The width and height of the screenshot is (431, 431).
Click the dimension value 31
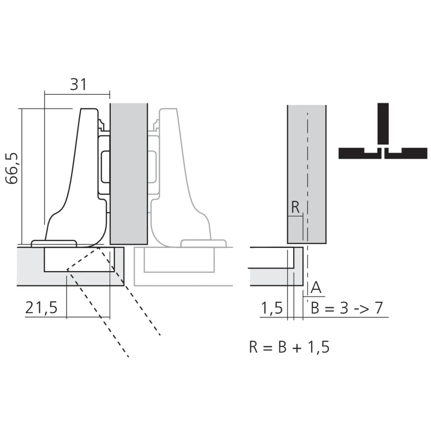tap(78, 84)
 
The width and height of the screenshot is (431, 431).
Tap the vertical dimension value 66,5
tap(12, 168)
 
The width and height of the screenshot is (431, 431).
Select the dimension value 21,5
tap(41, 308)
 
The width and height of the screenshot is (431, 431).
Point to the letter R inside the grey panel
tap(295, 207)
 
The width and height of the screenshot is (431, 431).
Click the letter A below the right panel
tap(316, 287)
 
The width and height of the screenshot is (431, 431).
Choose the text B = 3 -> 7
tap(347, 309)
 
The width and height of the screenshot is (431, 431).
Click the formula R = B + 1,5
tap(289, 347)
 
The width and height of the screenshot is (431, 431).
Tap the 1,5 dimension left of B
tap(272, 309)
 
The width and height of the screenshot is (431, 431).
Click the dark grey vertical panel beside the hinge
tap(129, 172)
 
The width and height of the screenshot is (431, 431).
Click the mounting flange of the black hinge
tap(54, 244)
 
